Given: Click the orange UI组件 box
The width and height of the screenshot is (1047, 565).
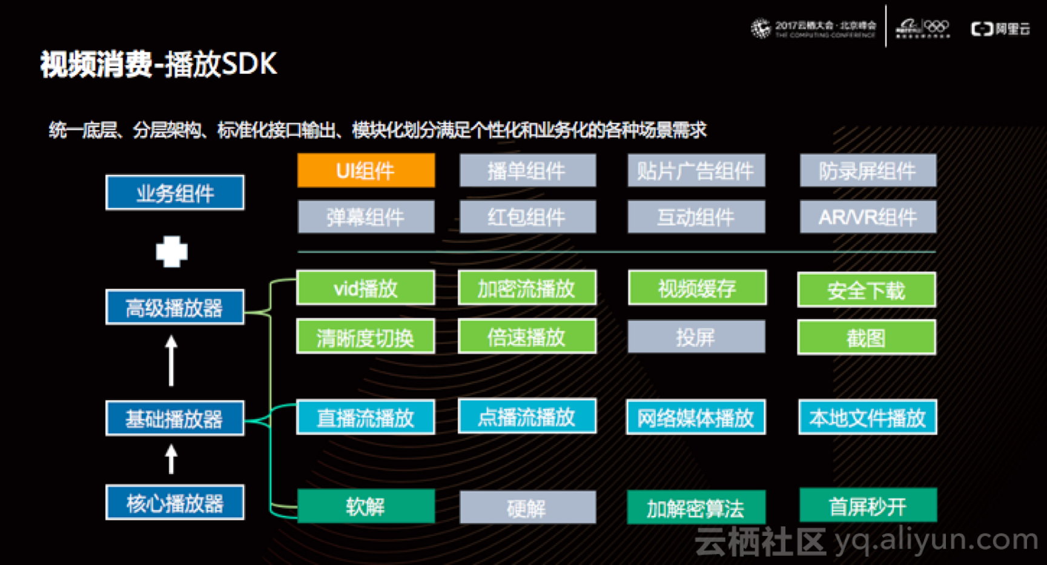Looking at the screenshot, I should (366, 171).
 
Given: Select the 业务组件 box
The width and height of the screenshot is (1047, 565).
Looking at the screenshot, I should (175, 193).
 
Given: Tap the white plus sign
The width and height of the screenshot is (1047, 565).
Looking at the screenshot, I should (172, 251).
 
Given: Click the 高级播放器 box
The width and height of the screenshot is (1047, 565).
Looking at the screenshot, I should (175, 308).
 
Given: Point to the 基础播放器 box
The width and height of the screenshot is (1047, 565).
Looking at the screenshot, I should (175, 418).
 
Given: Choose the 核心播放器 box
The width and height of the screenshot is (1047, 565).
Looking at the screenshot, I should (175, 503).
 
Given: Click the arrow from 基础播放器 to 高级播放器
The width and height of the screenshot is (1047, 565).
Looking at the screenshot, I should (171, 362).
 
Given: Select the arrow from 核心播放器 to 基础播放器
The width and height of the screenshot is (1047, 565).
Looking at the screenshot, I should (171, 459).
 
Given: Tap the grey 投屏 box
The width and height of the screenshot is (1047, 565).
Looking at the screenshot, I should (696, 337).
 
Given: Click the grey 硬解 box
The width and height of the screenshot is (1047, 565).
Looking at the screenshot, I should (527, 507).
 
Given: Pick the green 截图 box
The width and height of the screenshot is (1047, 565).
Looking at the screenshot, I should (867, 337).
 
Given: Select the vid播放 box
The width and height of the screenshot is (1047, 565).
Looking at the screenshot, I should (366, 288).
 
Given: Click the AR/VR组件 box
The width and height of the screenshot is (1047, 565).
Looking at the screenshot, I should (868, 217).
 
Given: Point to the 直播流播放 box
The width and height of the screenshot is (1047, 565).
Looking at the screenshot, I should (366, 417).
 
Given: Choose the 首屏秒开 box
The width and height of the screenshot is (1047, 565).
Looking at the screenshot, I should (868, 506).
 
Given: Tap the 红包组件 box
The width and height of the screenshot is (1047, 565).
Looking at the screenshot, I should (527, 217).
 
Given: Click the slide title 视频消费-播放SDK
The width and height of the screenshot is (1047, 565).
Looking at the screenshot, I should (159, 64).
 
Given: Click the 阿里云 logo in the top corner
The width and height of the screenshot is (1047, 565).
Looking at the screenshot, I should (1000, 29).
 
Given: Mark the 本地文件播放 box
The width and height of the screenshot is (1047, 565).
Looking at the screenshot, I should (868, 417).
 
